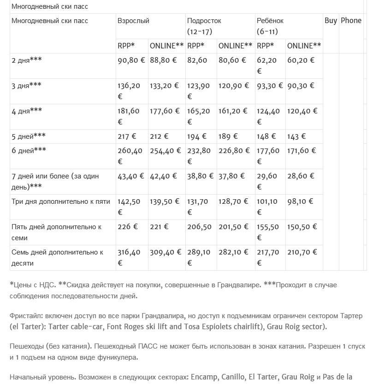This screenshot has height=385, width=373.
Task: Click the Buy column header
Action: click(x=331, y=21)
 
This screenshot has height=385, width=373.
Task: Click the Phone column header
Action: click(x=351, y=21)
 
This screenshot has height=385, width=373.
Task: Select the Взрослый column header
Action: click(x=133, y=21)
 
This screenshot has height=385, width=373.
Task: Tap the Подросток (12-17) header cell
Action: click(x=204, y=26)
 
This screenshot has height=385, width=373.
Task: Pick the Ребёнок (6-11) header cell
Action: click(x=270, y=26)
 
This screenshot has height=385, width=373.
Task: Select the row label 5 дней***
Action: click(x=29, y=136)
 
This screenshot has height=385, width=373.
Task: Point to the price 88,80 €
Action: click(x=164, y=60)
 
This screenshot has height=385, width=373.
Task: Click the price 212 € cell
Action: click(x=160, y=136)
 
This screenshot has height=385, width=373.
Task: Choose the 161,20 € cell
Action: click(x=233, y=111)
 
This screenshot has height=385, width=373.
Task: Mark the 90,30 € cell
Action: click(x=300, y=86)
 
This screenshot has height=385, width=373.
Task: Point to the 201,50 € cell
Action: click(x=233, y=227)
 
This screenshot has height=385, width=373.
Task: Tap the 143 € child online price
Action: click(x=296, y=136)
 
